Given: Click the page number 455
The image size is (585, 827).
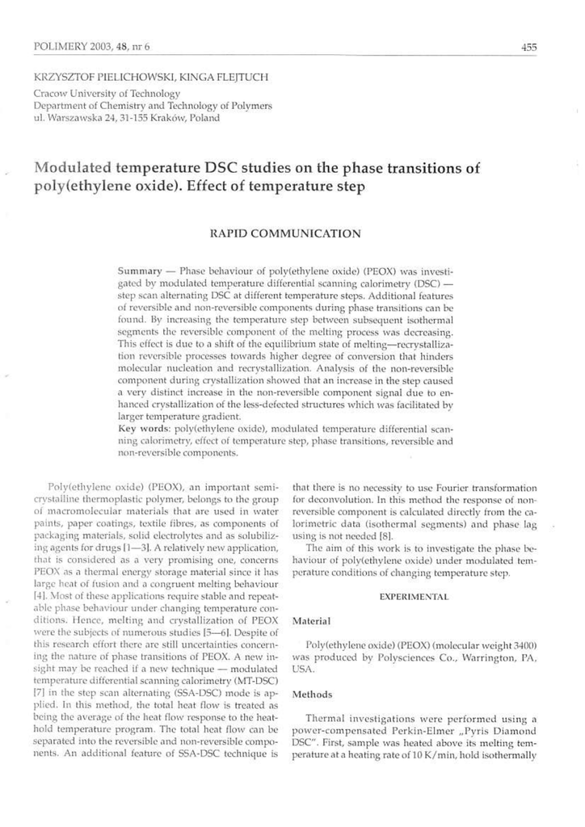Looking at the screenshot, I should [529, 48].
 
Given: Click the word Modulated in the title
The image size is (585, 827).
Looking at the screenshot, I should [75, 170].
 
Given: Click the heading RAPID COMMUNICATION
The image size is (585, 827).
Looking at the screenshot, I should [284, 233].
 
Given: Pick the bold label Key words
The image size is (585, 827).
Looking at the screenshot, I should [144, 426].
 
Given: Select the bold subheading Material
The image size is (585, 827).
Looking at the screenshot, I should [312, 621].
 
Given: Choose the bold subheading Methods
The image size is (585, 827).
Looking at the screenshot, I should [313, 694].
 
